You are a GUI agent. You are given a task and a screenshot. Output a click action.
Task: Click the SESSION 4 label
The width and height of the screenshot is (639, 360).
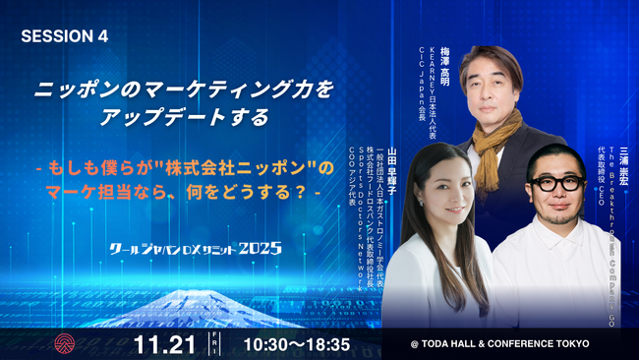coord(65,36)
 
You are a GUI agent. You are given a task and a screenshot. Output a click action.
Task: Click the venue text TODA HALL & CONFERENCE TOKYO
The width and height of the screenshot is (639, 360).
coord(500,344)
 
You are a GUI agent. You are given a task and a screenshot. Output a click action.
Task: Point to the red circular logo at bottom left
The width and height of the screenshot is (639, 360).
coord(65,343)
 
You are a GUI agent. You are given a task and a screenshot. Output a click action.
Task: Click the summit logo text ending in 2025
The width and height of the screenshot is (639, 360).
coord(196,248)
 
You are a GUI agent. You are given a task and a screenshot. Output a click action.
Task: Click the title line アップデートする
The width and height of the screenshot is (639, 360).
coord(185,117)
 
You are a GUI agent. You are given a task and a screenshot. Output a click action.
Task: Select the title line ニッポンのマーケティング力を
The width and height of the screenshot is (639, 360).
coord(185,89)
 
